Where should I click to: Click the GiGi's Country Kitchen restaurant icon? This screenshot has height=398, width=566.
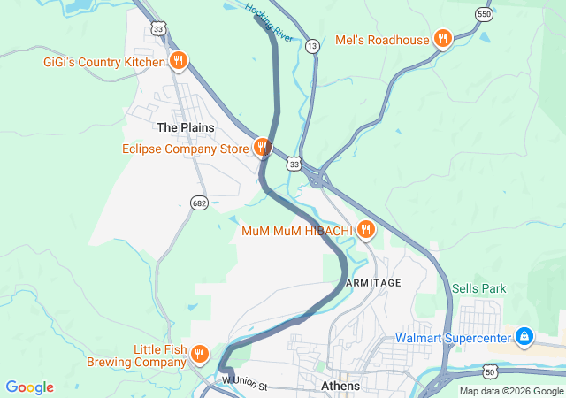click(179, 61)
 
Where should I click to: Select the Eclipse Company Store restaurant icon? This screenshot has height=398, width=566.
click(262, 148)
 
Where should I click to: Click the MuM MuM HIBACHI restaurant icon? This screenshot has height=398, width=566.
click(365, 230)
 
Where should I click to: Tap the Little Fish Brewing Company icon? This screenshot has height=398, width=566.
click(201, 355)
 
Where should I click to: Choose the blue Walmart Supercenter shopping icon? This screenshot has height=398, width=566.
click(524, 337)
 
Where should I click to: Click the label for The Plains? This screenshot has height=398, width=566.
click(186, 127)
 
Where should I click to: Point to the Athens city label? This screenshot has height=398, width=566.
click(340, 387)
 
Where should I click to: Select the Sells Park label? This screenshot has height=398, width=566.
click(478, 288)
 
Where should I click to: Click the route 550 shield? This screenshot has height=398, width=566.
click(483, 15)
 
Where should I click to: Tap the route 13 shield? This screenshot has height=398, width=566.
click(312, 45)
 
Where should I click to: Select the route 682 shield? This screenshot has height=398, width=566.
click(199, 203)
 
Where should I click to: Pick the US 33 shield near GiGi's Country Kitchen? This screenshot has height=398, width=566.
click(158, 29)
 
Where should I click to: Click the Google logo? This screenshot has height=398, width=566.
click(29, 387)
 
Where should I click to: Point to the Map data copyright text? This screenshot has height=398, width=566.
click(511, 391)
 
